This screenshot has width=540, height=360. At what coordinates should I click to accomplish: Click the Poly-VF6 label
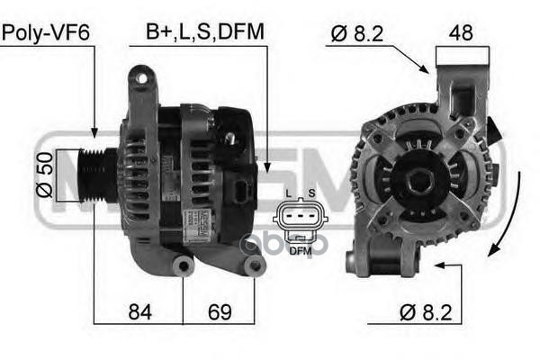pos(47,33)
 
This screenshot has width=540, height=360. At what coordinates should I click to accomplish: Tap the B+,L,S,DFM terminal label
pos(205,33)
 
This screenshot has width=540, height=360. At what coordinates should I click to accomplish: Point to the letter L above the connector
pos(287,194)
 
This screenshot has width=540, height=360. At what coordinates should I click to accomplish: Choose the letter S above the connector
pos(311,194)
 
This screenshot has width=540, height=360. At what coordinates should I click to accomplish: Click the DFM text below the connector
pos(300,251)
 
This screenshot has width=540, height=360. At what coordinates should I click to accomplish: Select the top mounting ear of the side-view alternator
pos(140,85)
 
